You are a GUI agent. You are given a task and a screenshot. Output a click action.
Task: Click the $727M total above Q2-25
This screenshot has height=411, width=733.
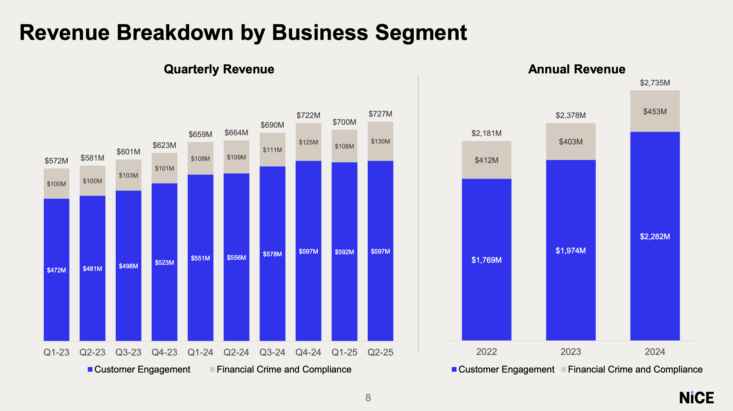(x=380, y=114)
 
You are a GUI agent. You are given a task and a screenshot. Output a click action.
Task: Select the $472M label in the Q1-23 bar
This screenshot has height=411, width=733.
(x=56, y=270)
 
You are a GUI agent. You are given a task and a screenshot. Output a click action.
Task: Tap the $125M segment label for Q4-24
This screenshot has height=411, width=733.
(x=308, y=142)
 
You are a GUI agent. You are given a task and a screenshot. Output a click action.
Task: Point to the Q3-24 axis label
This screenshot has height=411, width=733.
(x=272, y=352)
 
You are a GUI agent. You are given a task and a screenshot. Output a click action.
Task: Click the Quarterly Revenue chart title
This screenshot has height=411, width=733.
(x=219, y=69)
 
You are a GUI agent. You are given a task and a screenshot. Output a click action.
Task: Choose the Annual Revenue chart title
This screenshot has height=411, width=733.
(x=576, y=69)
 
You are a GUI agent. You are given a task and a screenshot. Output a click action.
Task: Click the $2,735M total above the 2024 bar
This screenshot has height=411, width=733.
(x=655, y=83)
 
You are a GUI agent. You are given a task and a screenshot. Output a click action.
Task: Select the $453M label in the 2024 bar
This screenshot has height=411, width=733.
(x=655, y=112)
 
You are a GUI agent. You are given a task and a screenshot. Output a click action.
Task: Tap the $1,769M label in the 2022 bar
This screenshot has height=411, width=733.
(x=486, y=260)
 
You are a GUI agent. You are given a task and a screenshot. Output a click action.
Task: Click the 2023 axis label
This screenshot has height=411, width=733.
(x=571, y=352)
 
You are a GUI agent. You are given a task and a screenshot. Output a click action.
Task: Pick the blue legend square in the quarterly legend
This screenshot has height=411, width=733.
(x=90, y=369)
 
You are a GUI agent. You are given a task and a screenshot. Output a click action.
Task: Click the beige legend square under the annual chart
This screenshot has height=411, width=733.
(x=563, y=369)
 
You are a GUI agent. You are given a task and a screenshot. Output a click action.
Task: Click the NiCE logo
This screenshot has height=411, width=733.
(x=696, y=398)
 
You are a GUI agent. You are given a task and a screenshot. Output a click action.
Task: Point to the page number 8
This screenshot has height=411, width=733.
(x=368, y=398)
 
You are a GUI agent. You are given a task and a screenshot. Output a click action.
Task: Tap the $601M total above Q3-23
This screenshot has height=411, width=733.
(x=128, y=152)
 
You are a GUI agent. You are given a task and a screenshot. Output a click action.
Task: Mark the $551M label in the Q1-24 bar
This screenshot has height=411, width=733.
(x=200, y=258)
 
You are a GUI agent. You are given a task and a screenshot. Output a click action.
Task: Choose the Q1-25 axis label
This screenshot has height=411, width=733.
(x=344, y=352)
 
